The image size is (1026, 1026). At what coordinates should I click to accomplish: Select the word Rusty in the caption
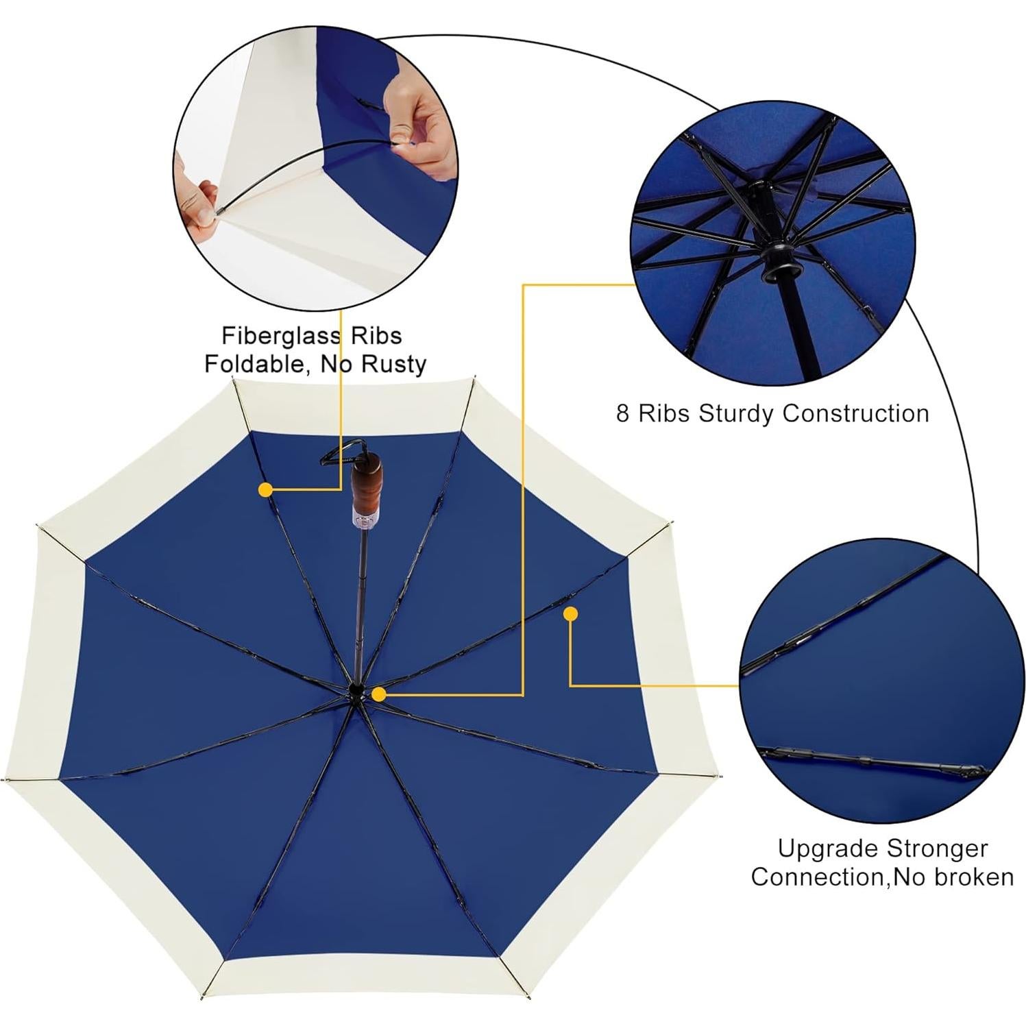pos(394,364)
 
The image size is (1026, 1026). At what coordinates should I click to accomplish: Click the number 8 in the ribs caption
pos(622,414)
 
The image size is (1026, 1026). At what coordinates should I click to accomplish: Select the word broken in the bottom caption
pos(973,877)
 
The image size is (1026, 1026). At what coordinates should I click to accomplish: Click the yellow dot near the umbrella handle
pos(266,489)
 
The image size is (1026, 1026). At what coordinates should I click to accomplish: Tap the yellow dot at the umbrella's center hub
pos(378,694)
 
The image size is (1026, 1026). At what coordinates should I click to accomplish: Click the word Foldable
pos(252,364)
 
